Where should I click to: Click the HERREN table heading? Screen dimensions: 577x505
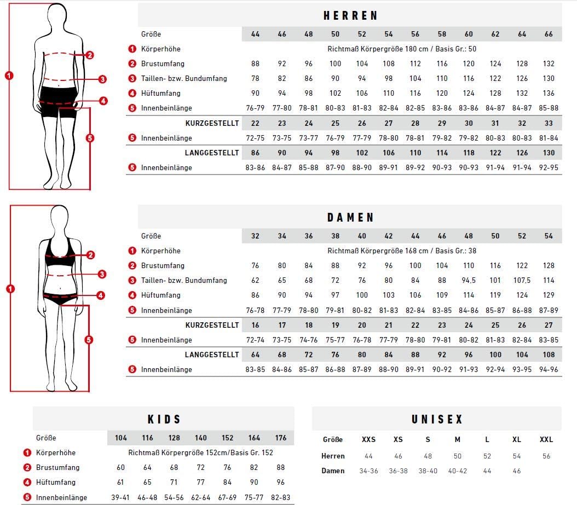click(350, 15)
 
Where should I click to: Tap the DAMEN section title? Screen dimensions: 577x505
click(350, 217)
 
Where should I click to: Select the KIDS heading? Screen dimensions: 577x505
click(164, 419)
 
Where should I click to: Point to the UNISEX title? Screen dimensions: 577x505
click(437, 419)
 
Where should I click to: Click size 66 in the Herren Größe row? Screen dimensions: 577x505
click(549, 34)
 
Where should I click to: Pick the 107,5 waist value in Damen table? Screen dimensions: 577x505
click(522, 280)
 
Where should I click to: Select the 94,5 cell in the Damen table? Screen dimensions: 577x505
click(469, 280)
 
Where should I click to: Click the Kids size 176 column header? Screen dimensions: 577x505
click(281, 438)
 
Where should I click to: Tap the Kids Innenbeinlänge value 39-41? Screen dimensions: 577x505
click(120, 497)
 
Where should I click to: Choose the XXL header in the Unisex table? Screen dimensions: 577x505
click(546, 439)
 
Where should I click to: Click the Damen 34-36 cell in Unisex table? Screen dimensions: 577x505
click(368, 471)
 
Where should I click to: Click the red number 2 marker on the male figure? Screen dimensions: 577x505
click(90, 55)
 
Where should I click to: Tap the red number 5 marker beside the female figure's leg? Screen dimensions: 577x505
click(89, 339)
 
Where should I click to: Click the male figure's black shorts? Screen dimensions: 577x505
click(59, 101)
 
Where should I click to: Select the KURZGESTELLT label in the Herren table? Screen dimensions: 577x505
click(212, 123)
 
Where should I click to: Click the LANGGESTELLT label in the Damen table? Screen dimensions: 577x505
click(212, 355)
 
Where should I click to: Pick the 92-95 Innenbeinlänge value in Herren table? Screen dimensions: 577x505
click(549, 168)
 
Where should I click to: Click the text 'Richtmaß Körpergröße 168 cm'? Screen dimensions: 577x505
click(378, 251)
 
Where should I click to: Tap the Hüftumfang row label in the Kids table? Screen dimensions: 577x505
click(56, 482)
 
